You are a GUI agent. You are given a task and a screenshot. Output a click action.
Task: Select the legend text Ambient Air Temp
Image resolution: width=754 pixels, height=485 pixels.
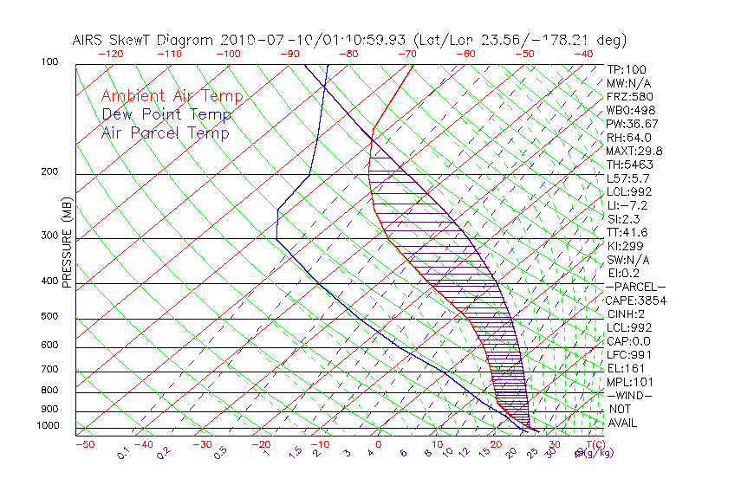(172, 96)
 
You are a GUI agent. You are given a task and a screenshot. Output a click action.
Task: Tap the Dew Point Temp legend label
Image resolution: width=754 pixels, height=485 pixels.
(166, 114)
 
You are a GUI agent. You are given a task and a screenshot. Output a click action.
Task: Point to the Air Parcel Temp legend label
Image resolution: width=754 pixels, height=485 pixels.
(165, 133)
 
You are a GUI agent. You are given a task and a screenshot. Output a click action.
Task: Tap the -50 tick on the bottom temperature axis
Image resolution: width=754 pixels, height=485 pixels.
(85, 444)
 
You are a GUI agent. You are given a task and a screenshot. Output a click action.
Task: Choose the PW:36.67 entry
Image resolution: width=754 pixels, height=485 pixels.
(629, 124)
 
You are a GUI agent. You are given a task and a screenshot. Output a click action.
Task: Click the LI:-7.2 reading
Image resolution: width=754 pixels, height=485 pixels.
(627, 205)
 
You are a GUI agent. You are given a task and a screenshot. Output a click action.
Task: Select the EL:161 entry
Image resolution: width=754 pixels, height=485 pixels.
(624, 368)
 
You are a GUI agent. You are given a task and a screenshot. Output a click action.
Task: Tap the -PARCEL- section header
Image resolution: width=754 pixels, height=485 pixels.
(635, 287)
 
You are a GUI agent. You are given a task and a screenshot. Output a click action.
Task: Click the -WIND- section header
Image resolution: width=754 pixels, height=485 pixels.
(628, 395)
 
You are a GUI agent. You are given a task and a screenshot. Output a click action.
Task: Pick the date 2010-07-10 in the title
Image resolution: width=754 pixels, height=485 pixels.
(259, 40)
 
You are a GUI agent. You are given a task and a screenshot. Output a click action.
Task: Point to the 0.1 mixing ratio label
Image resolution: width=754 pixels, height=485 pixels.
(124, 452)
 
